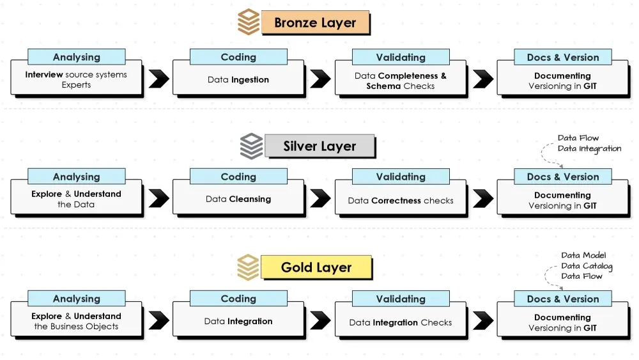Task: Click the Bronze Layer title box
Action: (315, 23)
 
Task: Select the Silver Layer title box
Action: (319, 146)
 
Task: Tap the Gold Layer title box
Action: (316, 267)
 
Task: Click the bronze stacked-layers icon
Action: (249, 22)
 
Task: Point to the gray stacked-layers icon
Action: (251, 146)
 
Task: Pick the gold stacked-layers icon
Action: (248, 267)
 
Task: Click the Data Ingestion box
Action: (238, 80)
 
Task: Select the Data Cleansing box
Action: (238, 200)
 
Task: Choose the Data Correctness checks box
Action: (401, 200)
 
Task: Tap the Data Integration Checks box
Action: (401, 322)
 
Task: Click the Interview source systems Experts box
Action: (76, 80)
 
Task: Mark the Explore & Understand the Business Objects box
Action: (76, 322)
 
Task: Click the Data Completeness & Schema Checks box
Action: (401, 81)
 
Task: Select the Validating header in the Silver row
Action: (401, 177)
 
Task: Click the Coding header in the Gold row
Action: (238, 299)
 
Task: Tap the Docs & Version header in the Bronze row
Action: (563, 57)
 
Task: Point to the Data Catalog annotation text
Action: (587, 266)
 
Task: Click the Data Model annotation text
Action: (583, 256)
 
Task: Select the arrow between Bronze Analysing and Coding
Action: (158, 79)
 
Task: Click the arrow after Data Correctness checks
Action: (483, 199)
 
